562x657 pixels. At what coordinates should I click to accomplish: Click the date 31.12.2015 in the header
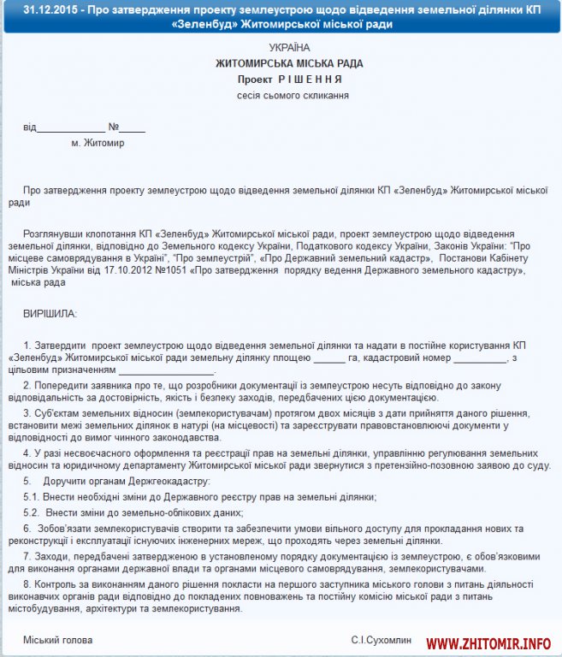point(52,10)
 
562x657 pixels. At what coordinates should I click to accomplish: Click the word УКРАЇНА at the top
point(289,47)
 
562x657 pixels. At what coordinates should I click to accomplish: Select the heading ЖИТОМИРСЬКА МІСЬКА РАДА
point(289,63)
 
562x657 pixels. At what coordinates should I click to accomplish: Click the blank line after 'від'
point(71,128)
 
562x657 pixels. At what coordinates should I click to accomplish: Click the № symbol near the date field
point(113,127)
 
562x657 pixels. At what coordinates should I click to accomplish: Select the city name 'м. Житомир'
point(98,143)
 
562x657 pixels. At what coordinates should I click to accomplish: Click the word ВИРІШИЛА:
point(50,313)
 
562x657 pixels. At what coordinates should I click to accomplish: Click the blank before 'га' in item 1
point(335,358)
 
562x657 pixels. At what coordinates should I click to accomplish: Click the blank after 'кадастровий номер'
point(480,358)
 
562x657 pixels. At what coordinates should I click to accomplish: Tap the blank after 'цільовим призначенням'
point(166,372)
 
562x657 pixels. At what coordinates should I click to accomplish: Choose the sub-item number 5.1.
point(31,496)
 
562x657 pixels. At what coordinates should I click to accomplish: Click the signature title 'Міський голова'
point(57,639)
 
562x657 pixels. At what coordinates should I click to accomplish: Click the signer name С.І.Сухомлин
point(381,639)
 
